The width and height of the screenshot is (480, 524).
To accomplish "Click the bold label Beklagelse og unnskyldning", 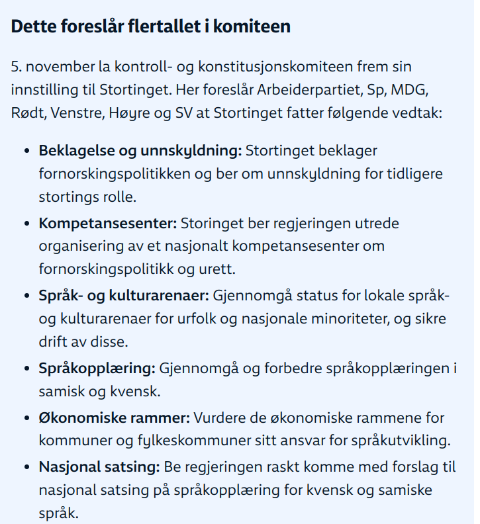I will [140, 152].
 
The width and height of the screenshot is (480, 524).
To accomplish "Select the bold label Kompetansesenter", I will [107, 224].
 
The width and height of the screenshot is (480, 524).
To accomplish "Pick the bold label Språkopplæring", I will [97, 368].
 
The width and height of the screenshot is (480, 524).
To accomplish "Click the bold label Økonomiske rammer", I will [114, 418].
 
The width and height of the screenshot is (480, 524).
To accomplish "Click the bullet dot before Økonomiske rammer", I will [26, 418].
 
